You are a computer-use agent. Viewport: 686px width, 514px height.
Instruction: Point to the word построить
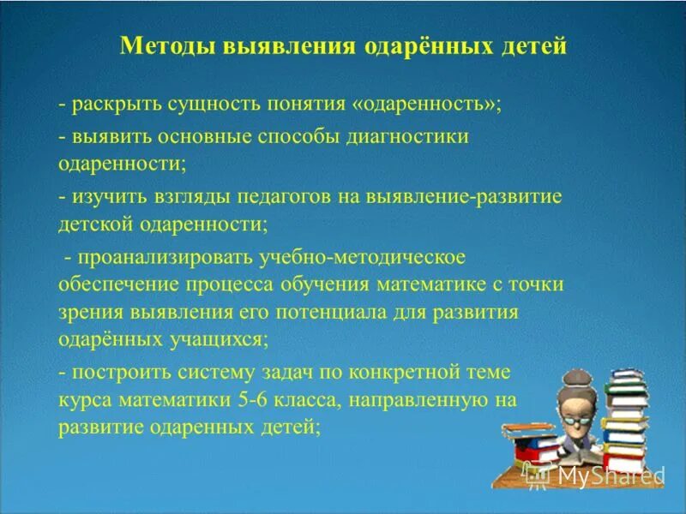tap(114, 371)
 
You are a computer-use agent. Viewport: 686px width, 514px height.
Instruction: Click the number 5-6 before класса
tap(248, 399)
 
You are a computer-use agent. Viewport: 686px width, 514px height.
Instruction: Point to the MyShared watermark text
tap(609, 475)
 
